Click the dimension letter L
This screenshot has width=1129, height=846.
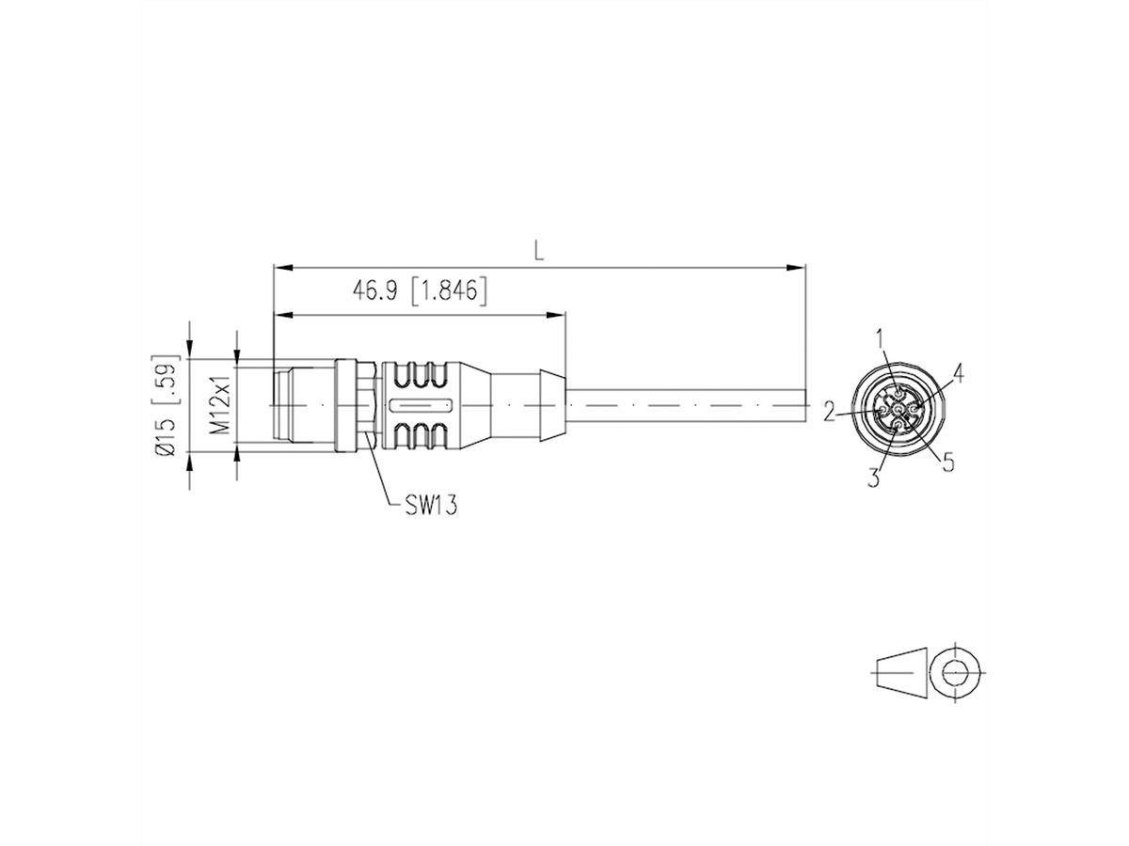click(538, 250)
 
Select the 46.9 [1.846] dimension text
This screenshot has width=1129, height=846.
click(420, 292)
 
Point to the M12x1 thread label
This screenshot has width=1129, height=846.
click(217, 406)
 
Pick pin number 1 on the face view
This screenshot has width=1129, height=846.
click(881, 336)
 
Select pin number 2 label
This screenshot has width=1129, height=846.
click(829, 411)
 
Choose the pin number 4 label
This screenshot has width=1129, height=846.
click(958, 373)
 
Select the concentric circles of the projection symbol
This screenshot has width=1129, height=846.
click(956, 673)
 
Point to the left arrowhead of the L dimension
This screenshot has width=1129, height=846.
click(279, 269)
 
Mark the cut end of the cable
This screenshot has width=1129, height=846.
click(805, 405)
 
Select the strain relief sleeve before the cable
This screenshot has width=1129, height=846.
click(527, 405)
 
